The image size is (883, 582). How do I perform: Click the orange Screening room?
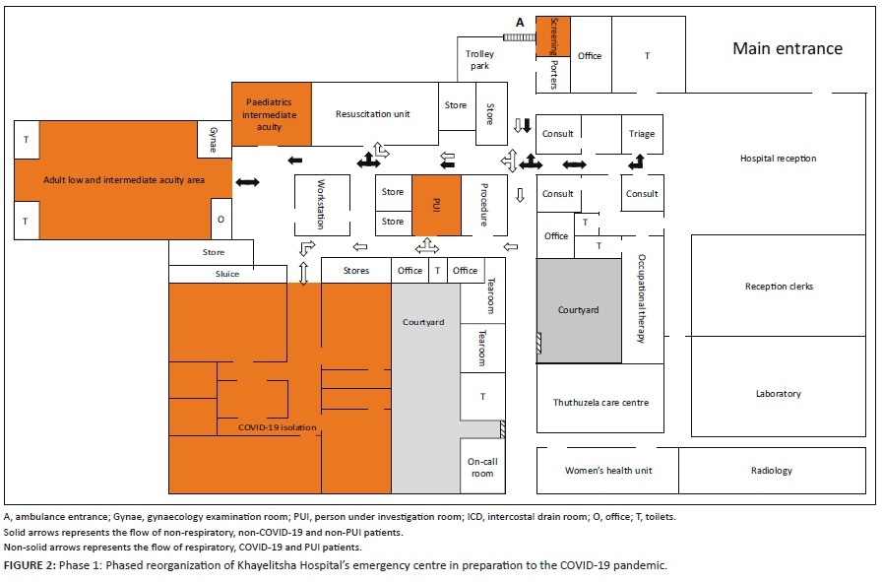tap(552, 36)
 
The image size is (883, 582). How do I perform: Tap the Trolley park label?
tap(479, 60)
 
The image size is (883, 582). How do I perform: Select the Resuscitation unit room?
tap(374, 114)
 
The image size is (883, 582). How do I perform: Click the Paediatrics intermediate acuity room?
tap(272, 114)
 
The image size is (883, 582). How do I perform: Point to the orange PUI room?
tap(436, 205)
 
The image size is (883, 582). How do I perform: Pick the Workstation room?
tap(322, 205)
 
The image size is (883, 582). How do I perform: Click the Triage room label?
tap(642, 134)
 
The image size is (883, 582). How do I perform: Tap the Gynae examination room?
tap(214, 139)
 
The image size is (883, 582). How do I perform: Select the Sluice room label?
tap(227, 274)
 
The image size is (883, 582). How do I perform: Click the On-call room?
tap(482, 466)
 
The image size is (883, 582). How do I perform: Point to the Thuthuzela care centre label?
tap(600, 402)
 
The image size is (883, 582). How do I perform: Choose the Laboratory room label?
tap(779, 394)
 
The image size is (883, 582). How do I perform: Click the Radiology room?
tap(772, 471)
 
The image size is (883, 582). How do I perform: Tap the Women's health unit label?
tap(608, 471)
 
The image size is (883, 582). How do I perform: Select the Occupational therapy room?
tap(643, 299)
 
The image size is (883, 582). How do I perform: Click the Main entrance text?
tap(788, 48)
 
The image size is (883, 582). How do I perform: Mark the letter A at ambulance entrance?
tap(520, 23)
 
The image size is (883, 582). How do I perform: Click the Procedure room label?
tap(483, 205)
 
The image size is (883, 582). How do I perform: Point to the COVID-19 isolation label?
tap(277, 427)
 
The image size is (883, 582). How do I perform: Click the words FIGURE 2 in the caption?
tap(30, 565)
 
